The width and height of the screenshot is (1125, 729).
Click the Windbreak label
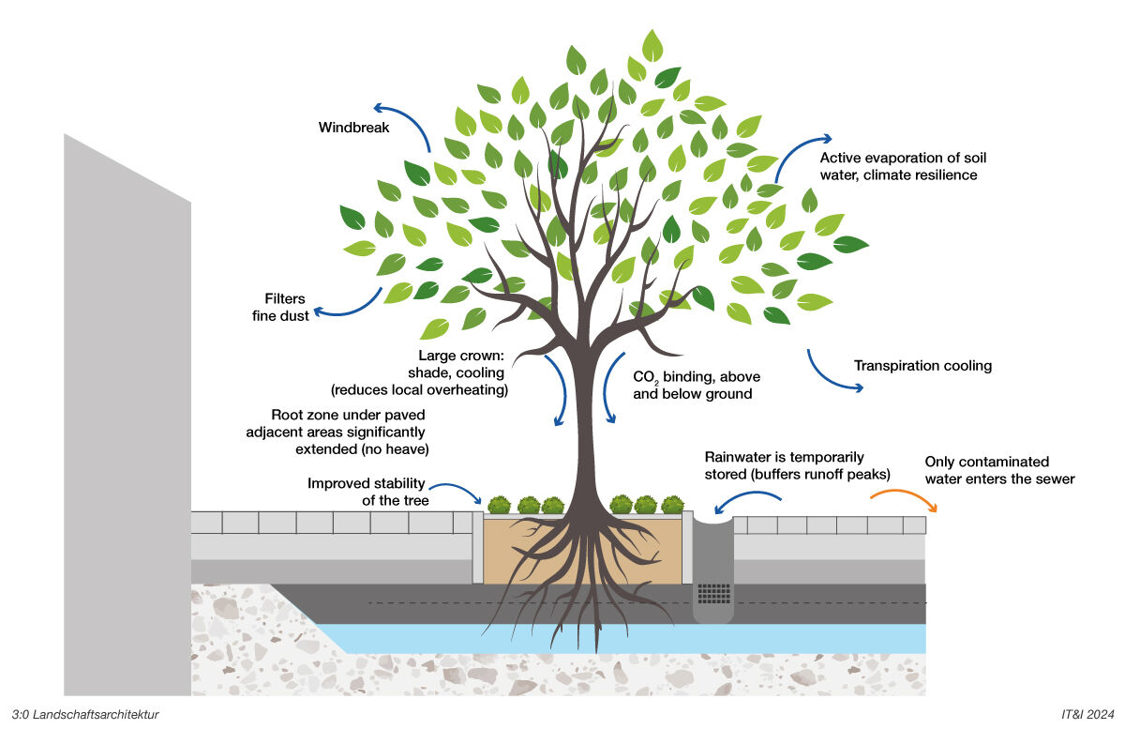353,127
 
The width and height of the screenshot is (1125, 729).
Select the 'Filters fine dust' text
280,308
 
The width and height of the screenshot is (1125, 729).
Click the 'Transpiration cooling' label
922,366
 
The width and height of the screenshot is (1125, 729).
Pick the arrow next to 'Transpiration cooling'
832,372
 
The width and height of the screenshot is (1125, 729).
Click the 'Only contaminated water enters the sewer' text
999,470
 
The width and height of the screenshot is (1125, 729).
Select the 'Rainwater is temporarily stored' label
797,465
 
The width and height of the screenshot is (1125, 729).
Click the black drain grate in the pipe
714,594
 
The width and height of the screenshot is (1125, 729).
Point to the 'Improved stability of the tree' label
367,492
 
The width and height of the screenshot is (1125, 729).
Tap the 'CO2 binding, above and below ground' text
697,385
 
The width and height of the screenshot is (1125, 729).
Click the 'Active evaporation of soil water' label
903,166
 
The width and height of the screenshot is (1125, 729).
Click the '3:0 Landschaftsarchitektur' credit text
85,714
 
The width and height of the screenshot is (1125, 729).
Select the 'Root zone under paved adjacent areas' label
348,432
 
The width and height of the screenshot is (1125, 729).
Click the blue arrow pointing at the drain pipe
746,504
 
